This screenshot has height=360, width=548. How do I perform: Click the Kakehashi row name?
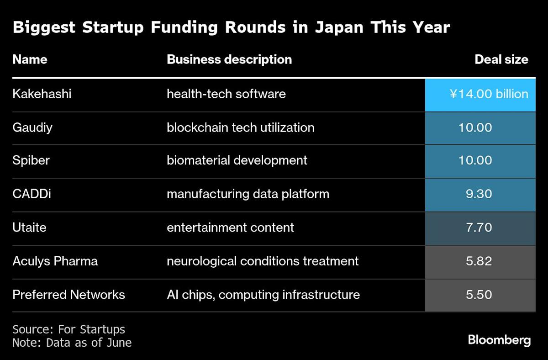coord(42,94)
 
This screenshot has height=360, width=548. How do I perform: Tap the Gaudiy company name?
coord(32,127)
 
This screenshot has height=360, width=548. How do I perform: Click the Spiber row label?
coord(31,161)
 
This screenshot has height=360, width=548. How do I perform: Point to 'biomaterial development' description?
coord(237,161)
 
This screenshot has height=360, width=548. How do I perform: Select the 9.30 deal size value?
coord(479,194)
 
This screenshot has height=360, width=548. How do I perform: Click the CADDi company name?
coord(32,194)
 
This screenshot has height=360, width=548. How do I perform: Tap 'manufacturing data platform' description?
coord(248,194)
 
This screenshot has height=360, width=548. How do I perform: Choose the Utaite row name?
coord(30,228)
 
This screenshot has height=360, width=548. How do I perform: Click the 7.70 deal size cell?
coord(479,228)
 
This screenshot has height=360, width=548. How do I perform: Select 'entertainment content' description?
coord(230,228)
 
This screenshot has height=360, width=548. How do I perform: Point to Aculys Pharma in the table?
coord(55,261)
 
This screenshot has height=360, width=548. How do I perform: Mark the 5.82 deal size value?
coord(479,261)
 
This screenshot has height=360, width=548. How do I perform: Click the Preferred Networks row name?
coord(68,295)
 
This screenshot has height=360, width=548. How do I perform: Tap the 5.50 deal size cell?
coord(479,295)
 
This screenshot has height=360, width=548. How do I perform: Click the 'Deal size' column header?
coord(501,60)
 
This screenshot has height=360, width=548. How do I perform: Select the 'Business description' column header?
coord(229,60)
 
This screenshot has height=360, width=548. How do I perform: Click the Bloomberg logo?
coord(499,340)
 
